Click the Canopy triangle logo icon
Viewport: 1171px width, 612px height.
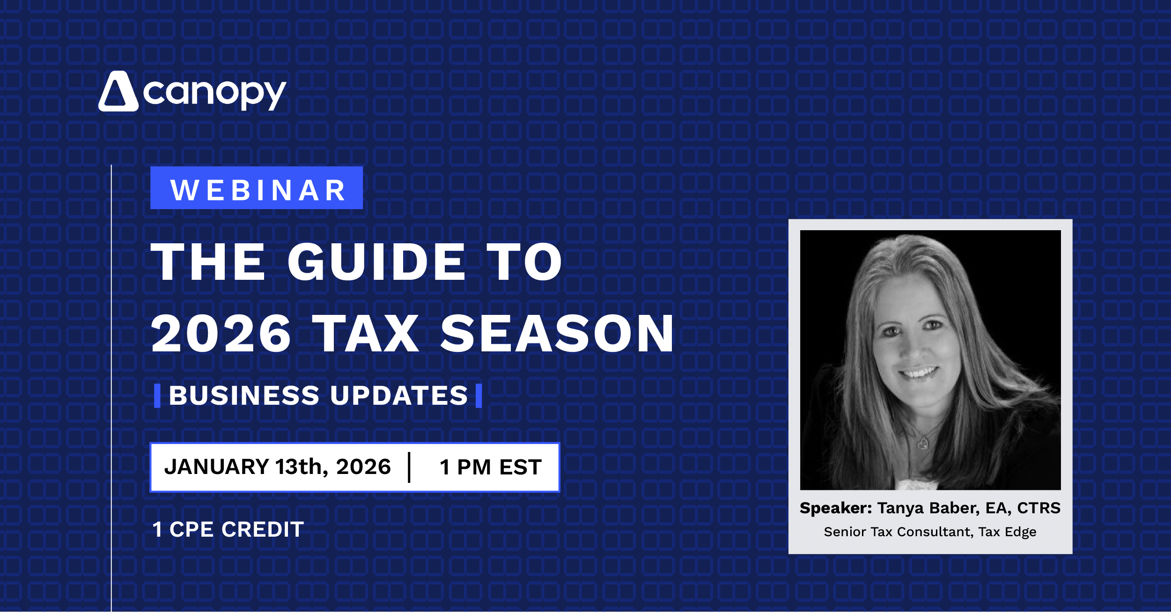click(118, 92)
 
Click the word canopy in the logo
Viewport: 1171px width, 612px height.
click(214, 93)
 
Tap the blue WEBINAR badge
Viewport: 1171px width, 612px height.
click(257, 188)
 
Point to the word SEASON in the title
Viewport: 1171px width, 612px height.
click(557, 334)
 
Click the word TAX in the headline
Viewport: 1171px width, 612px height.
click(366, 334)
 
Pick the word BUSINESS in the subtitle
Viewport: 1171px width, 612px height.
click(244, 396)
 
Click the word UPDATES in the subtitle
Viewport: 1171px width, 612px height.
click(399, 396)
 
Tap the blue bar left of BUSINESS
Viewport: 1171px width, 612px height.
click(157, 396)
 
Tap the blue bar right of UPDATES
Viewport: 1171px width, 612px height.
click(479, 396)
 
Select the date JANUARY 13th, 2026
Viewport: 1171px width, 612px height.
click(278, 467)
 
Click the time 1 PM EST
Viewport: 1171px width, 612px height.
click(490, 467)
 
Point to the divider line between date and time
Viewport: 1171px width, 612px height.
click(409, 467)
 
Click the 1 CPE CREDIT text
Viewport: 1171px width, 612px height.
click(228, 530)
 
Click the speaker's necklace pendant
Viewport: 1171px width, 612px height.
click(923, 442)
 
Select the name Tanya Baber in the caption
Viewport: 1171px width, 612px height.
click(925, 508)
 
